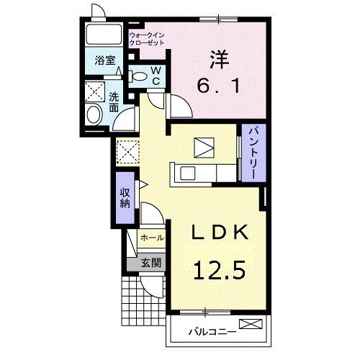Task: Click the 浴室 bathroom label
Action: point(105,60)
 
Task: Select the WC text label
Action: point(156,76)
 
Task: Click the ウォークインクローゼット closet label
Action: point(147,39)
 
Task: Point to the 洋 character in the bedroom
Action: point(220,59)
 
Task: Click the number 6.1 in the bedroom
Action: point(218,86)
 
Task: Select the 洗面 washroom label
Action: point(114,102)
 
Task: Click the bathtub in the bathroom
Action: point(104,34)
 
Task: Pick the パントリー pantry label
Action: point(254,153)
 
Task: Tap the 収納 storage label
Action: point(125,198)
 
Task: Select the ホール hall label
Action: point(152,238)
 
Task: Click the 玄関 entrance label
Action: point(150,263)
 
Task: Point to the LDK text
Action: point(219,233)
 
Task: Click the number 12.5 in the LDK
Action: point(219,271)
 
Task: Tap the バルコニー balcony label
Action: point(212,333)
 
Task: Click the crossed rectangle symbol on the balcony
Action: point(251,324)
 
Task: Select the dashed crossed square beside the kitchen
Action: point(127,152)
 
